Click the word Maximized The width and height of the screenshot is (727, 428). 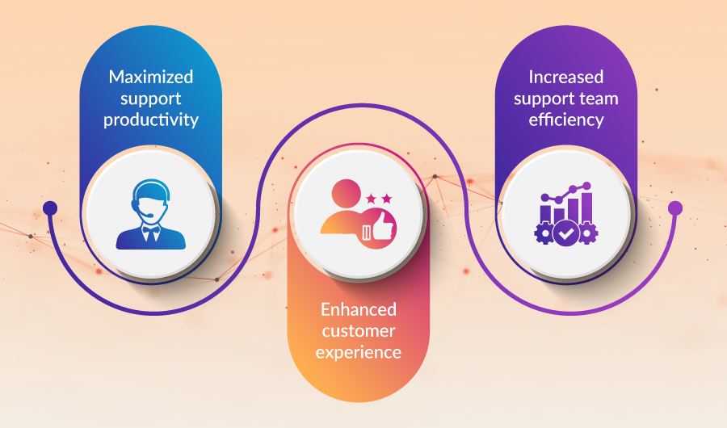[151, 77]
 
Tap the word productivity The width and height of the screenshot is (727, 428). [151, 120]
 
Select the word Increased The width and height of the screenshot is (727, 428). [566, 77]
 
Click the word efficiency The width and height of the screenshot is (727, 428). [566, 120]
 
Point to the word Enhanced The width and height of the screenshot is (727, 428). [359, 309]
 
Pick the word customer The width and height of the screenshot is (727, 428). [359, 331]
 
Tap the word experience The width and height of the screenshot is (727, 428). [359, 353]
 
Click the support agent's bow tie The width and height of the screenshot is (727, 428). [150, 229]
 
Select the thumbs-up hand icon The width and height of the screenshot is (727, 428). [383, 226]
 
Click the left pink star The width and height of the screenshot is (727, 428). [371, 199]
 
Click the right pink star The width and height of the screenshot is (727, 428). [387, 199]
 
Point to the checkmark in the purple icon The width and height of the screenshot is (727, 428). [566, 233]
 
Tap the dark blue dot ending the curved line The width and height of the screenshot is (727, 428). [50, 208]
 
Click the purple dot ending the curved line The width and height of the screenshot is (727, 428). [675, 208]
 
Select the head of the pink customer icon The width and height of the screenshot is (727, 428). [347, 193]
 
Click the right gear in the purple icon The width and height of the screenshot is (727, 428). [587, 233]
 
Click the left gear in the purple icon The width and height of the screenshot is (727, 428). [544, 233]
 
